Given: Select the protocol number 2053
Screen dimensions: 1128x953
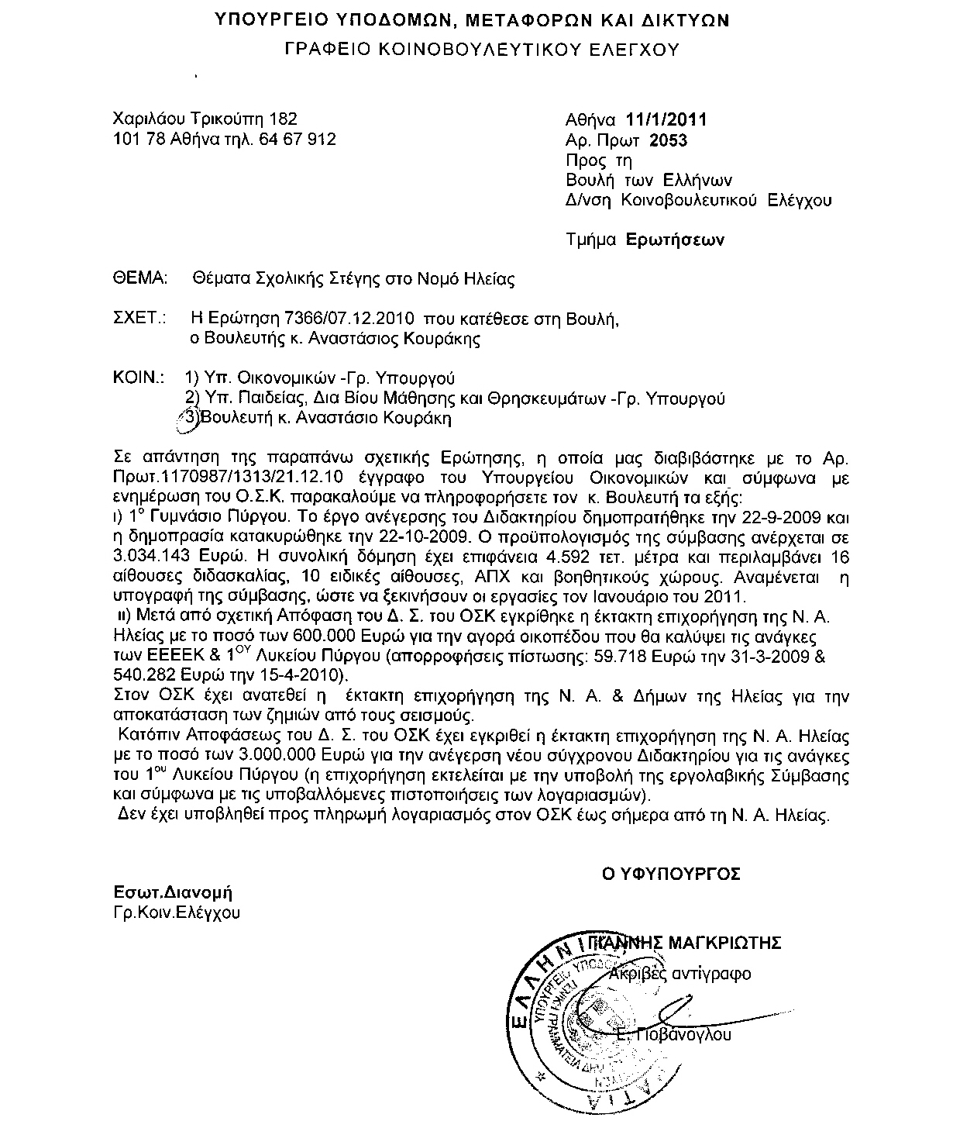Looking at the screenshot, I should pyautogui.click(x=668, y=140).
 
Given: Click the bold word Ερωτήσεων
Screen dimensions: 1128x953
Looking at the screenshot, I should pyautogui.click(x=675, y=240).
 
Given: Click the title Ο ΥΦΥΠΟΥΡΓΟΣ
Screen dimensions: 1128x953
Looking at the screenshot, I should pyautogui.click(x=672, y=874).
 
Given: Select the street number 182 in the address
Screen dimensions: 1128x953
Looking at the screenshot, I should pyautogui.click(x=283, y=119).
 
